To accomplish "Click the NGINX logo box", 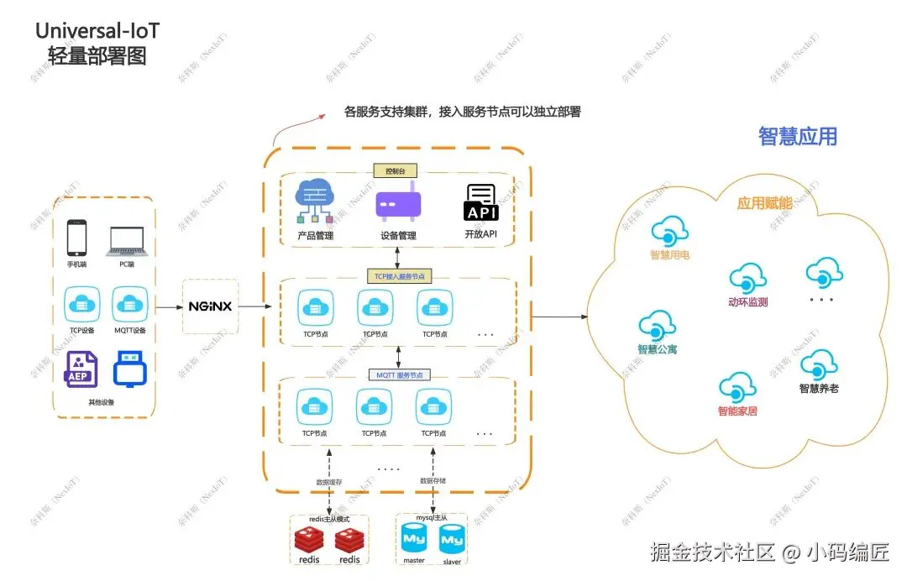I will pos(210,306).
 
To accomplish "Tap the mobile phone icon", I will pos(77,238).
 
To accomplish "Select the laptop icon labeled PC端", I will pos(127,240).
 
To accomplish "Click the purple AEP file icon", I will pos(81,370).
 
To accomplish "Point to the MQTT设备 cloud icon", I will pos(130,304).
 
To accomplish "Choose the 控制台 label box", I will pos(395,171).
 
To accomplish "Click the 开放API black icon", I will pos(481,203).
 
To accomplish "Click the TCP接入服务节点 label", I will pos(398,275).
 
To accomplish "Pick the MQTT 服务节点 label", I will pos(398,374).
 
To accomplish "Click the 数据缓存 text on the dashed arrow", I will pos(329,482).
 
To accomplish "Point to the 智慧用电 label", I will pos(669,254).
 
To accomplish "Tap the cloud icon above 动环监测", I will pos(747,279).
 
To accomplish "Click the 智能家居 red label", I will pos(737,411).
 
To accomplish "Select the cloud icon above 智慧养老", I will pos(818,366).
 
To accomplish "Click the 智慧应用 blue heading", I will pos(797,137).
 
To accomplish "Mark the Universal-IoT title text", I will pos(97,31).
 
